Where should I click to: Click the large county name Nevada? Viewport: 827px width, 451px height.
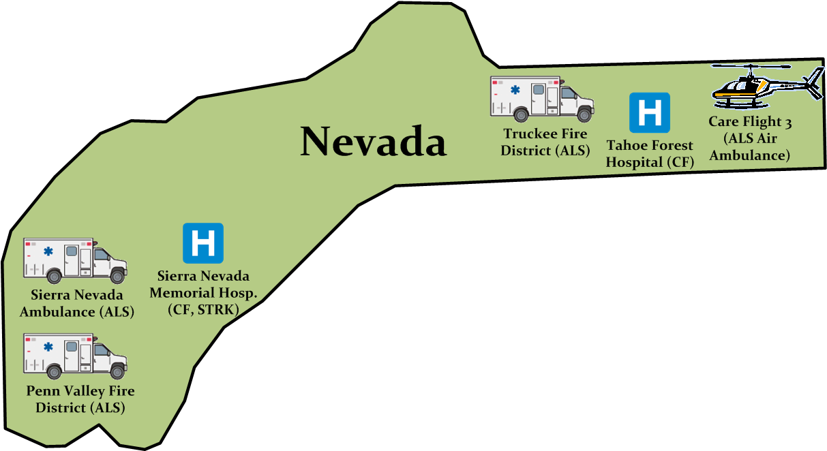374,142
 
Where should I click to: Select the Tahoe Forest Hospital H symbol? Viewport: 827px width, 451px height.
649,112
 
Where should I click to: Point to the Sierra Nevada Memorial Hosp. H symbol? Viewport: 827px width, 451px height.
203,243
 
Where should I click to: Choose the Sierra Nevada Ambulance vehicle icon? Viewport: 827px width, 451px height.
75,260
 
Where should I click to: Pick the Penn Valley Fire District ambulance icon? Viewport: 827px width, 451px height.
75,356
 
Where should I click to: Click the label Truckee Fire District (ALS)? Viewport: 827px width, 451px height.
545,142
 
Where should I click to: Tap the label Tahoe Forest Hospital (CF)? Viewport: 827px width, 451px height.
649,154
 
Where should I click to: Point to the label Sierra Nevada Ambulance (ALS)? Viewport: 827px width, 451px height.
76,304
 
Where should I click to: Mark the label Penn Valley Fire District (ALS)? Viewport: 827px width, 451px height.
80,400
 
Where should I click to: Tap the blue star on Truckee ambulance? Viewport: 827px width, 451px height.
515,90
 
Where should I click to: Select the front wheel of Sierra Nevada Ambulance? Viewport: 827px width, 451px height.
117,276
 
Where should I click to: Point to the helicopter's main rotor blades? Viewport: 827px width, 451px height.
751,67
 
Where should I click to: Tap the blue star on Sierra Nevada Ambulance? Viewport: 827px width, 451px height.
48,251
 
